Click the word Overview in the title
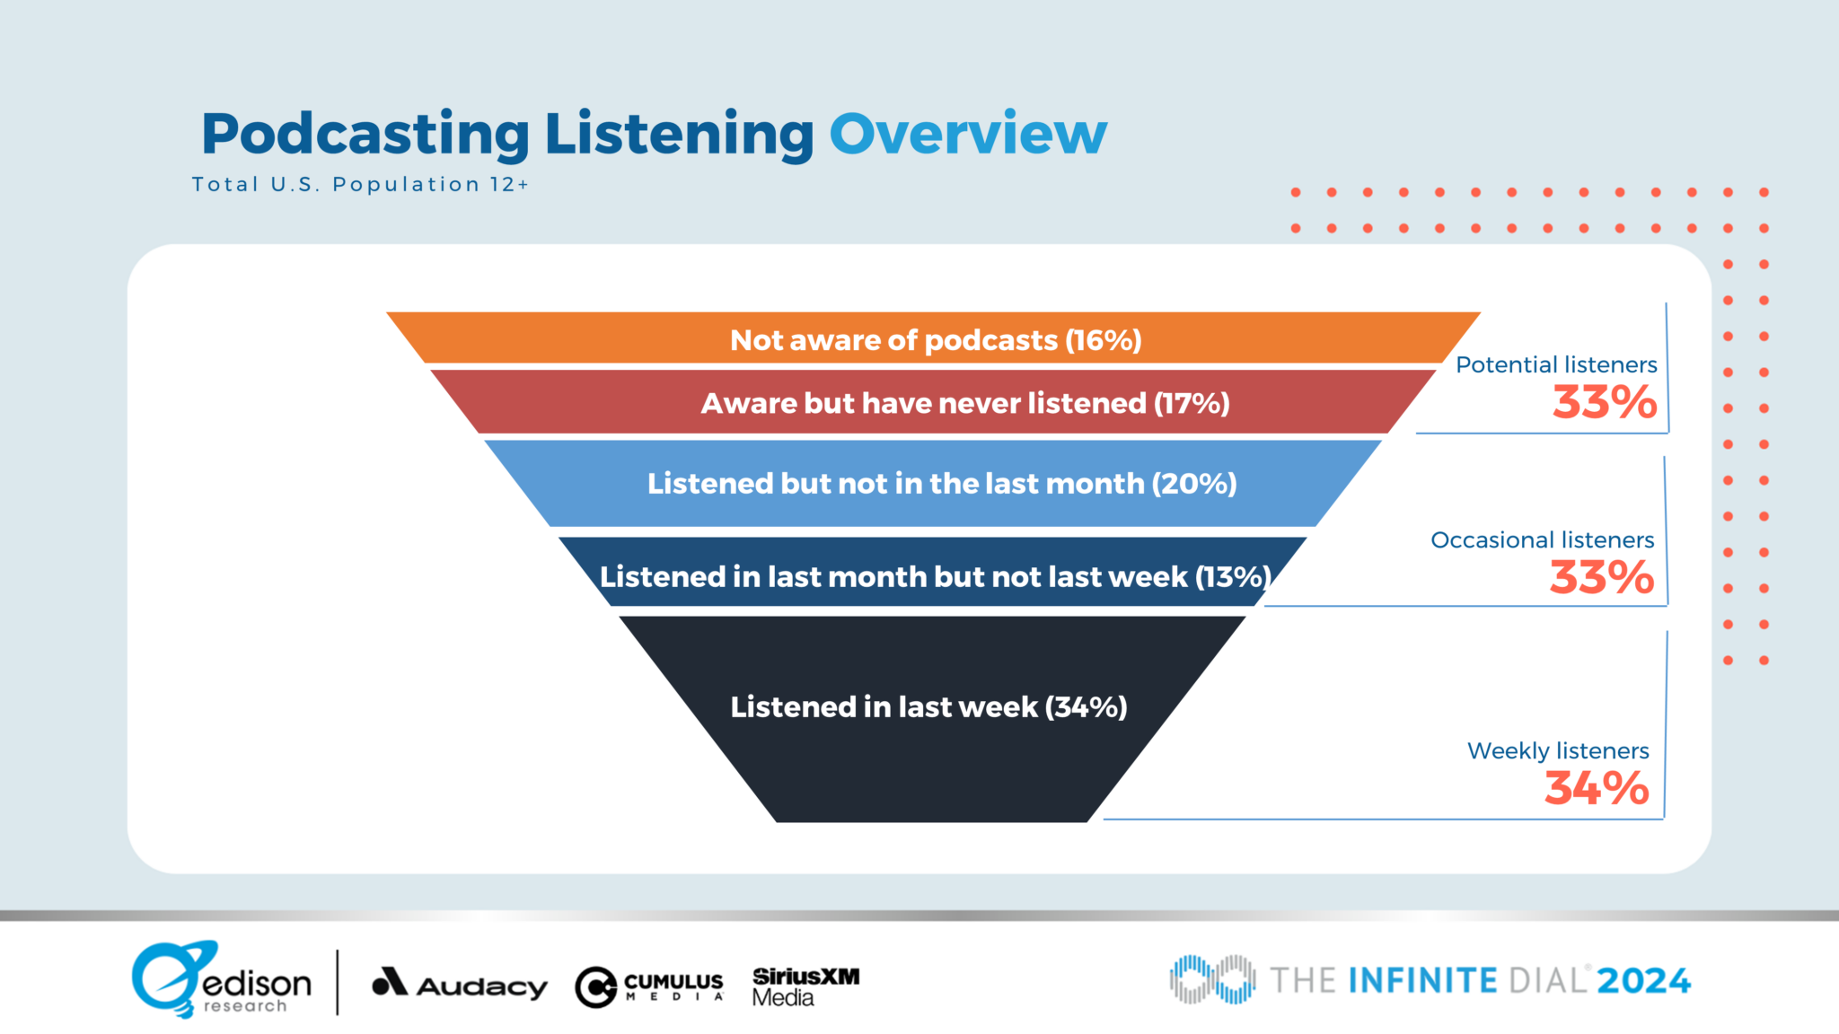tap(968, 135)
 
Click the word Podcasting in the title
tap(365, 135)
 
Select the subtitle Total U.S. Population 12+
tap(360, 185)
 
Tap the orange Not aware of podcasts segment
tap(935, 339)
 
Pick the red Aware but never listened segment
tap(934, 403)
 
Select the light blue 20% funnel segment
tap(934, 484)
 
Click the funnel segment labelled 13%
tap(934, 575)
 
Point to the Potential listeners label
tap(1556, 364)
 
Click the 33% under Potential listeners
tap(1605, 402)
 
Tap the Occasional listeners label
tap(1542, 539)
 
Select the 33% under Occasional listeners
tap(1602, 577)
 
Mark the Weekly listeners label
tap(1558, 750)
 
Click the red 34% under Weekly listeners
tap(1597, 788)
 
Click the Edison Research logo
tap(221, 980)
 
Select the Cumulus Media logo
tap(649, 986)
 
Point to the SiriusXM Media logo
tap(805, 986)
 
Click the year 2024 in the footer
tap(1643, 980)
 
